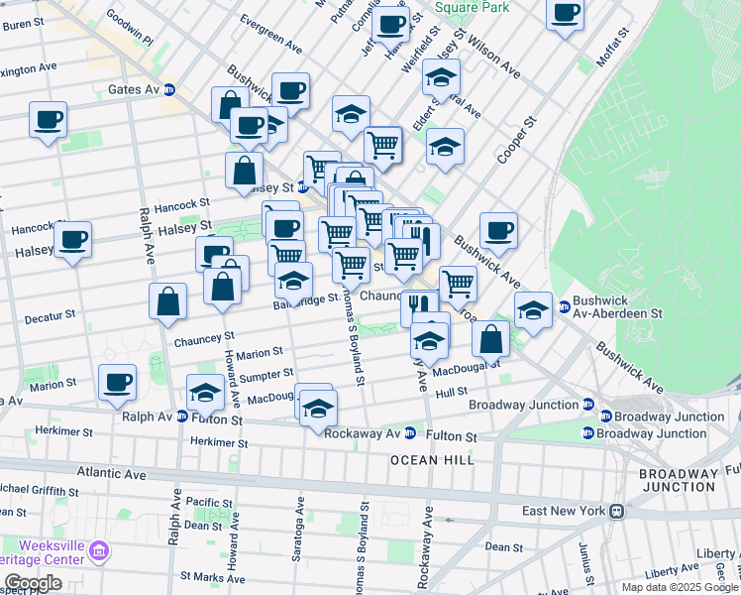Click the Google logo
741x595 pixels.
[33, 584]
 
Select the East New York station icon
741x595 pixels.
[616, 511]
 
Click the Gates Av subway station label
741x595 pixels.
[133, 89]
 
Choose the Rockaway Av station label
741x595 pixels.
[362, 433]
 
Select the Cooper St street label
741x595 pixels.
[516, 139]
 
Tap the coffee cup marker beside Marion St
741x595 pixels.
[118, 382]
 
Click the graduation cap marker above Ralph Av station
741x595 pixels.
[205, 392]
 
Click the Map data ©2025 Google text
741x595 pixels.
[679, 587]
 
